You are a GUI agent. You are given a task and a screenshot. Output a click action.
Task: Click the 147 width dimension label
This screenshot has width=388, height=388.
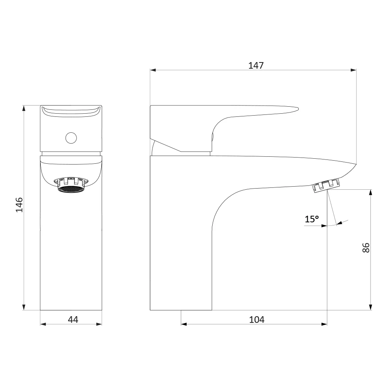click(256, 65)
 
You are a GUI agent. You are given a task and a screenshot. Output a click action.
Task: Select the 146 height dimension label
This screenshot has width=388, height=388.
click(19, 205)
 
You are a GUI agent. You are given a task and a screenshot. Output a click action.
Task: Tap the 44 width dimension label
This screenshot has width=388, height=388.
click(73, 319)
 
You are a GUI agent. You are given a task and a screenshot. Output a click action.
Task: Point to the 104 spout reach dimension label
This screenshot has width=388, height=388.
click(256, 319)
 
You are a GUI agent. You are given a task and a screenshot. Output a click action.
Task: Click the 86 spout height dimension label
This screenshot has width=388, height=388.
click(366, 248)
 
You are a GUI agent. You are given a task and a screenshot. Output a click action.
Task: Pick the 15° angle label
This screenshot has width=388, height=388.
click(312, 219)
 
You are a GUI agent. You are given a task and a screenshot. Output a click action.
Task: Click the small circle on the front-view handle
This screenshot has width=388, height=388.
click(71, 138)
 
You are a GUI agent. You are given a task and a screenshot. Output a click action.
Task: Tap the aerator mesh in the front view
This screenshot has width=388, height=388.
click(71, 189)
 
